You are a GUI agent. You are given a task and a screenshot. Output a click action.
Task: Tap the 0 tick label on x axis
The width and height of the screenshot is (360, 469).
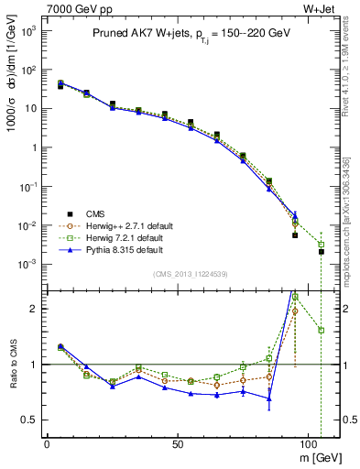(x=47, y=442)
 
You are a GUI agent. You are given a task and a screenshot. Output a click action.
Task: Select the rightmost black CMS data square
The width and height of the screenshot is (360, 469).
(x=322, y=251)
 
